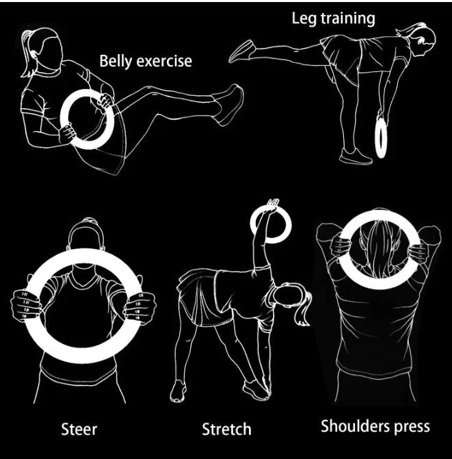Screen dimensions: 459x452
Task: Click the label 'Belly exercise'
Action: [x=146, y=61]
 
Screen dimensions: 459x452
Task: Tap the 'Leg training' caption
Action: [x=334, y=18]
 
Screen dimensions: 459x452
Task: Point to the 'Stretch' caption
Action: [x=226, y=429]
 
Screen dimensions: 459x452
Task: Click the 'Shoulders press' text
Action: [x=375, y=426]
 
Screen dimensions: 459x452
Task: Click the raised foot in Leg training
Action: [x=241, y=51]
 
